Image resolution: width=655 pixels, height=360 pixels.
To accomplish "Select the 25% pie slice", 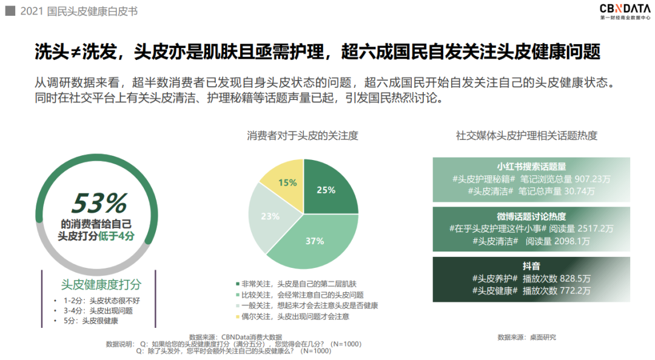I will click(x=326, y=190).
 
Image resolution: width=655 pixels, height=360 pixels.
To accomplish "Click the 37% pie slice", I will click(x=314, y=241).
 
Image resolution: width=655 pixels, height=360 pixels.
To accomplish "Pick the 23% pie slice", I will click(x=270, y=216).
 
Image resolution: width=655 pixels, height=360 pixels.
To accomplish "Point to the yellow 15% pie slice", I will click(x=287, y=182).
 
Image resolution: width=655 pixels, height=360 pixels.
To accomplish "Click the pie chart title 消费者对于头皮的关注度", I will click(x=303, y=136).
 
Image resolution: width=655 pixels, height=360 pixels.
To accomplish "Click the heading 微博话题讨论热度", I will click(x=531, y=217).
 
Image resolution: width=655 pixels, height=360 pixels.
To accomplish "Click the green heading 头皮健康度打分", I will click(x=101, y=284).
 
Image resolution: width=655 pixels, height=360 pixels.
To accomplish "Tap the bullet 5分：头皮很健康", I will click(x=92, y=321).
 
